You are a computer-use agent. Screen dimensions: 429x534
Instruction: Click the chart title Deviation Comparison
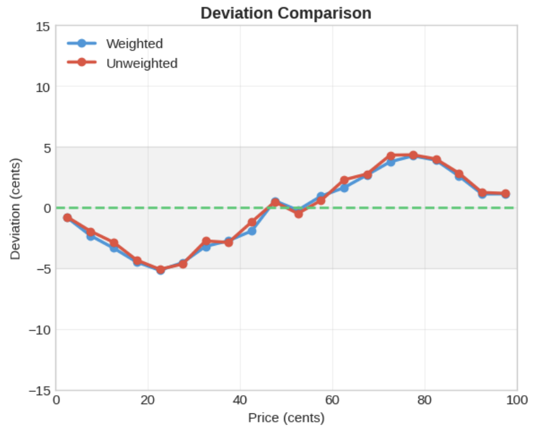pos(285,13)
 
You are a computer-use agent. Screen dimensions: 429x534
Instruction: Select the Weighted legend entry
pos(134,44)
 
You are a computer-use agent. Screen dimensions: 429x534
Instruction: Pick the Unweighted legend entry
pos(141,63)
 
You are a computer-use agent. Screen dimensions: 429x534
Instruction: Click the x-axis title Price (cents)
pos(286,417)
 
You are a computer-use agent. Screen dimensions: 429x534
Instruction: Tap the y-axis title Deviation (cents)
pos(15,209)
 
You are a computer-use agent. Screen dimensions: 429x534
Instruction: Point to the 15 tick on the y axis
pos(43,26)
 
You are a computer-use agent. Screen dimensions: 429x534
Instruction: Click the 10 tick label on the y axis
pos(43,87)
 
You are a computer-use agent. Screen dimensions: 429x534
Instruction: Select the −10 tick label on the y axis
pos(39,330)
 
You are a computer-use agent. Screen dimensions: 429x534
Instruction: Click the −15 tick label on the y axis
pos(39,391)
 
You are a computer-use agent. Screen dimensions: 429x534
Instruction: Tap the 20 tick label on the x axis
pos(148,400)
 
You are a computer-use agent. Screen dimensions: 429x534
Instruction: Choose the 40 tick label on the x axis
pos(240,400)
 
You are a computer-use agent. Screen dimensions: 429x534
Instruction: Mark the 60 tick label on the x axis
pos(332,400)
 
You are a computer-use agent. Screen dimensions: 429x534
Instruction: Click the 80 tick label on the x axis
pos(425,400)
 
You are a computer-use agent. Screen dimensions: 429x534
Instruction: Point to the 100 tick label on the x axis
pos(517,400)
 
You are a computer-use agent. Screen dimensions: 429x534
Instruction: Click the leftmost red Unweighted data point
pos(67,218)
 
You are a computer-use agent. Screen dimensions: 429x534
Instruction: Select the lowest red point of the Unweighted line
pos(160,269)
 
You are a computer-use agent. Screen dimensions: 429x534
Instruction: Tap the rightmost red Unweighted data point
pos(505,194)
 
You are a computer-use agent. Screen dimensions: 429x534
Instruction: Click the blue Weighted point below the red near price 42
pos(252,231)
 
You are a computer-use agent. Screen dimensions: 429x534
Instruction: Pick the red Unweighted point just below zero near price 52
pos(298,213)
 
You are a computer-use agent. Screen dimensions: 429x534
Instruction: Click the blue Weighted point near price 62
pos(344,188)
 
